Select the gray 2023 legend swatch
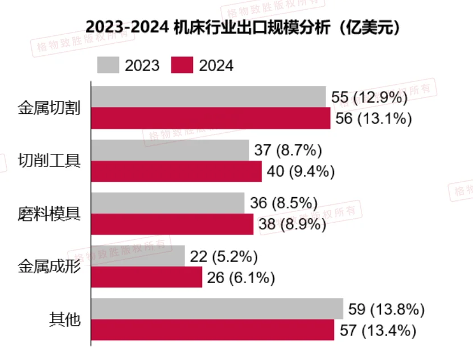[108, 65]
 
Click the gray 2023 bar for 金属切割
[208, 97]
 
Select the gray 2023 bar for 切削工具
[170, 150]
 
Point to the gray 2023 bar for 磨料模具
[168, 203]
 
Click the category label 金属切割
[49, 108]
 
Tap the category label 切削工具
[49, 161]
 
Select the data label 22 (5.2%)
[223, 257]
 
